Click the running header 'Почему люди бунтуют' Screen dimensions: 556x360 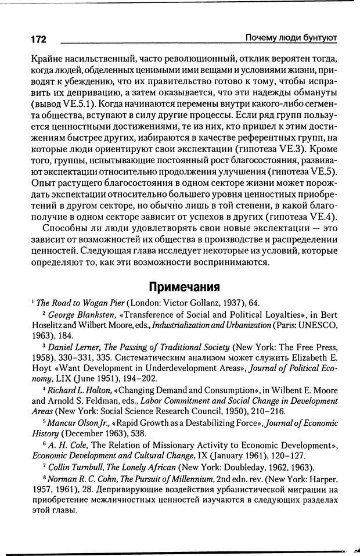pos(291,38)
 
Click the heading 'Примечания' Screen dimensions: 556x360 pos(183,286)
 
